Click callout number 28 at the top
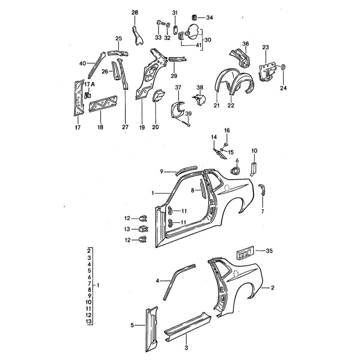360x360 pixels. (x=135, y=13)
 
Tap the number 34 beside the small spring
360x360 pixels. (x=209, y=17)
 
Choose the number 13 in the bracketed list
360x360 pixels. (x=89, y=321)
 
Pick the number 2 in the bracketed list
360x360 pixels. (x=89, y=251)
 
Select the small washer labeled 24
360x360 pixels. (x=283, y=67)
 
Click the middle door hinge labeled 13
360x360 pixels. (x=143, y=228)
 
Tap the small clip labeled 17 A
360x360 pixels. (x=87, y=95)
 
